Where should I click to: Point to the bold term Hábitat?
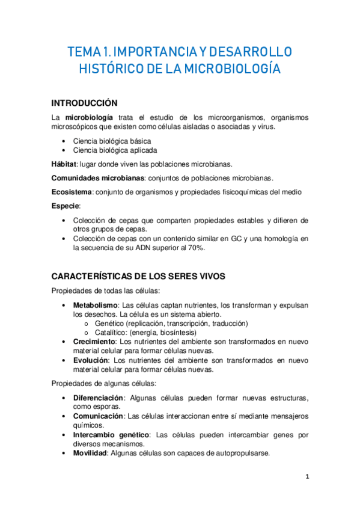[64, 164]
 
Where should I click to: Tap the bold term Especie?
[66, 206]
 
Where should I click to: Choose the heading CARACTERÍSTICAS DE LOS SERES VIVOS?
[138, 277]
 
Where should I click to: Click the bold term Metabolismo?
[95, 305]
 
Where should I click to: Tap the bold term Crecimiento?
[94, 342]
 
